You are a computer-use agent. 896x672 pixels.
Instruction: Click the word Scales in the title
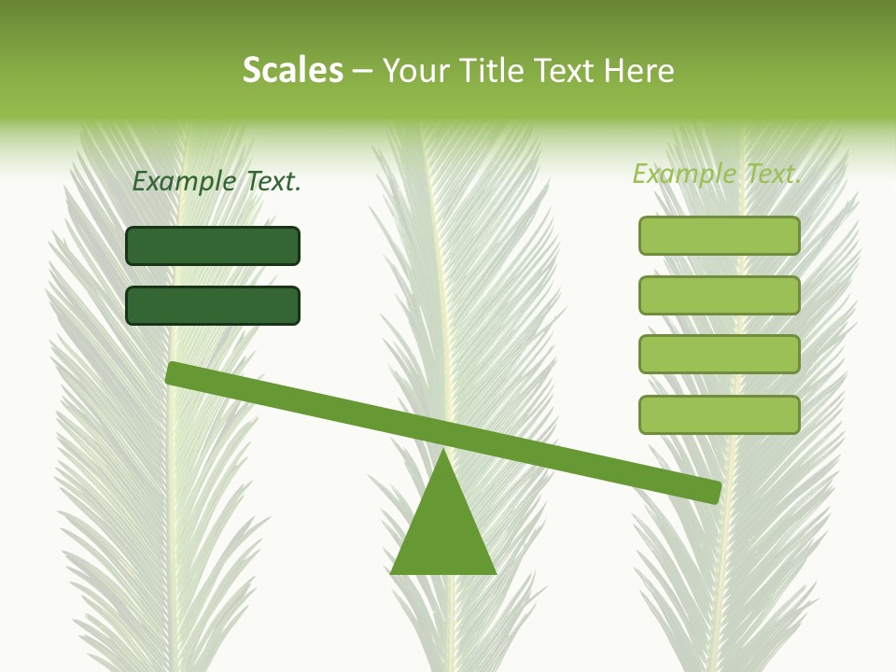[x=292, y=71]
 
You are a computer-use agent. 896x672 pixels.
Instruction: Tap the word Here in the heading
[x=638, y=71]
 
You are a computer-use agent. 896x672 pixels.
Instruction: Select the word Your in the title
[x=415, y=72]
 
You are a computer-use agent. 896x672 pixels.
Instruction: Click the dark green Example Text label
[x=217, y=181]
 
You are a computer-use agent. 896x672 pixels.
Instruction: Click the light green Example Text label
[x=717, y=174]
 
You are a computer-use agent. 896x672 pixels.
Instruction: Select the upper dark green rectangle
[x=213, y=245]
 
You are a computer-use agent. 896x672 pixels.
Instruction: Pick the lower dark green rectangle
[x=213, y=305]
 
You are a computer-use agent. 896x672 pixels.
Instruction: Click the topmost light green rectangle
[x=719, y=235]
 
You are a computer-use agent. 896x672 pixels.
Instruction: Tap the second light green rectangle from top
[x=719, y=295]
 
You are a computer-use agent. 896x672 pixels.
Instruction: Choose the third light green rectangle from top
[x=719, y=355]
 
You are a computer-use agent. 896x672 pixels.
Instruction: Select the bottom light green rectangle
[x=719, y=414]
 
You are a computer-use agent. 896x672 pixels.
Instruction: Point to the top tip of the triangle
[x=443, y=453]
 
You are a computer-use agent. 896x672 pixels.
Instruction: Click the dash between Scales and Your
[x=362, y=72]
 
